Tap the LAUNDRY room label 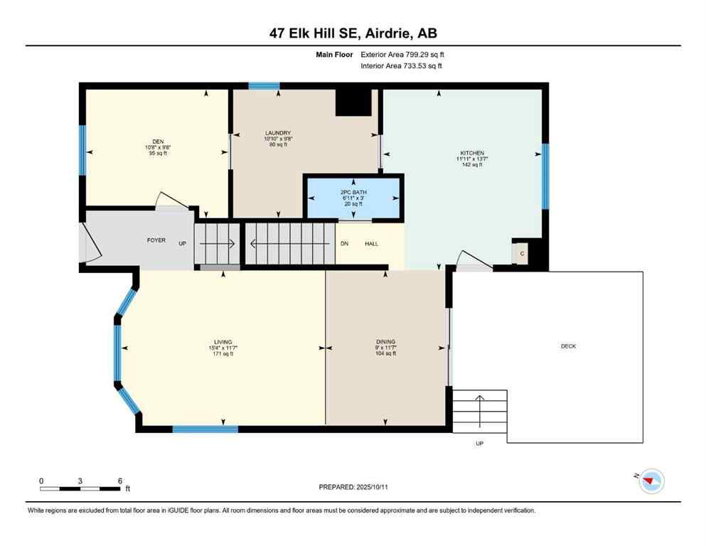(x=278, y=133)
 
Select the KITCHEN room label (x=471, y=153)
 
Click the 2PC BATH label (x=353, y=192)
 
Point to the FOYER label (x=156, y=240)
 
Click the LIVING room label (x=223, y=342)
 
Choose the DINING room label (x=385, y=342)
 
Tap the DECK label (x=568, y=346)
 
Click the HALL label (x=371, y=244)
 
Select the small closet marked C (x=522, y=253)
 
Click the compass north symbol (x=651, y=481)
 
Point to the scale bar (x=80, y=488)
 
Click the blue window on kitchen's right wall (x=545, y=176)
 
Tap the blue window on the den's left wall (x=82, y=150)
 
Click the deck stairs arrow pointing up (x=480, y=409)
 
